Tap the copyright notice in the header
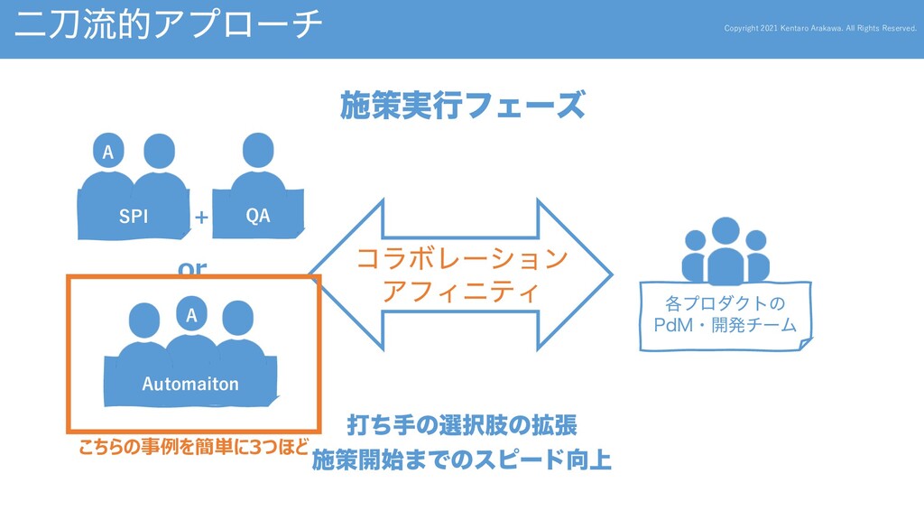pyautogui.click(x=820, y=28)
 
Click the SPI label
pyautogui.click(x=134, y=217)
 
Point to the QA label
pyautogui.click(x=258, y=216)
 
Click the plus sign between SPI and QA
pyautogui.click(x=201, y=218)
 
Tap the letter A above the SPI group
pyautogui.click(x=108, y=153)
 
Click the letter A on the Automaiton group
pyautogui.click(x=190, y=315)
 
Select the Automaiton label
pyautogui.click(x=190, y=384)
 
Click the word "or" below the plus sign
pyautogui.click(x=192, y=268)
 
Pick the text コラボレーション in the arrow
pyautogui.click(x=462, y=260)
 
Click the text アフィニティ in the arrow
pyautogui.click(x=461, y=292)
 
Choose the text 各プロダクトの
pyautogui.click(x=725, y=301)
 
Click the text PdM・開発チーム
pyautogui.click(x=725, y=323)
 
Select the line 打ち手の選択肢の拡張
pyautogui.click(x=462, y=424)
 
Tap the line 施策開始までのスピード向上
pyautogui.click(x=462, y=461)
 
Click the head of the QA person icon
pyautogui.click(x=258, y=149)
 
